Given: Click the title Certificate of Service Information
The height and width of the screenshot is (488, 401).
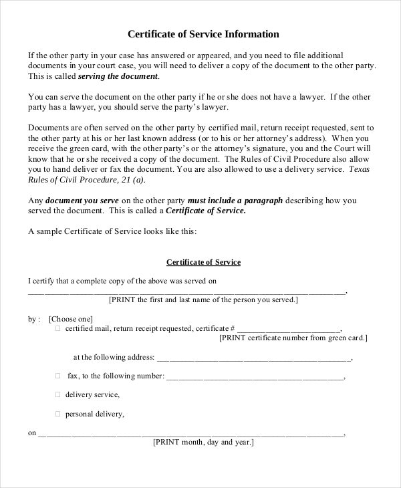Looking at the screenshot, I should pyautogui.click(x=203, y=34).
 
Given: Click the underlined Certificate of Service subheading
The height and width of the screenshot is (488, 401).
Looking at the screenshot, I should pyautogui.click(x=203, y=262).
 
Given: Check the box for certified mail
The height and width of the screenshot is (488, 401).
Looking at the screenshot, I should pyautogui.click(x=57, y=329).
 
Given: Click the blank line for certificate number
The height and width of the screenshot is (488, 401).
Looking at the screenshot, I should pyautogui.click(x=289, y=330).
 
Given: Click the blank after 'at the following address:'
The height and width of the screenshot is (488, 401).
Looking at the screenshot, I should pyautogui.click(x=254, y=358).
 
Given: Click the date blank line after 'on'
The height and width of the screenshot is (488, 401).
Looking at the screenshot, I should pyautogui.click(x=190, y=434).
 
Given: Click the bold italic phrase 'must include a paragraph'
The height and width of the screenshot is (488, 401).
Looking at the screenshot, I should pyautogui.click(x=235, y=201).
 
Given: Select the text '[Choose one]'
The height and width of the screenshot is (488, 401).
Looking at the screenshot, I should pyautogui.click(x=71, y=319).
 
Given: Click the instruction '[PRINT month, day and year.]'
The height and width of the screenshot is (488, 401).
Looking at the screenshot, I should pyautogui.click(x=203, y=443).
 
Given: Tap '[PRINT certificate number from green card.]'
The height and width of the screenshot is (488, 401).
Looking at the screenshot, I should pyautogui.click(x=293, y=338).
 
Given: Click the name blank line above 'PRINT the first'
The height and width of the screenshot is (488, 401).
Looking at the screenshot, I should pyautogui.click(x=187, y=291).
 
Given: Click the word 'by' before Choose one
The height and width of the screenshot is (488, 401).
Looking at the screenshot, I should pyautogui.click(x=32, y=319).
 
